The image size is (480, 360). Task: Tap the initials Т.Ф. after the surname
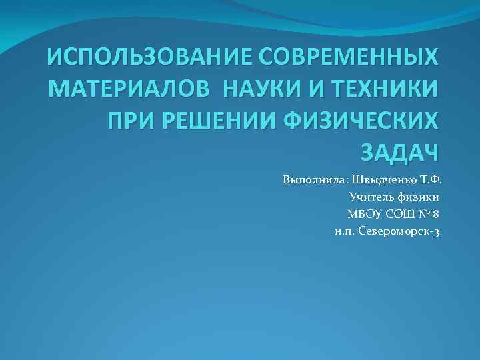click(431, 180)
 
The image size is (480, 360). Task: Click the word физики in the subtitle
click(417, 197)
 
